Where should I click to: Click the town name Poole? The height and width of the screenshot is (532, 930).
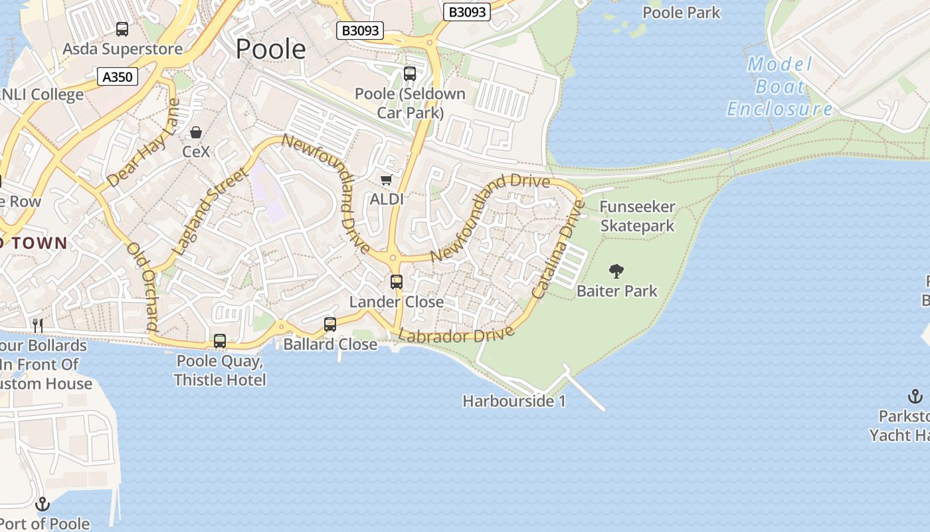270,49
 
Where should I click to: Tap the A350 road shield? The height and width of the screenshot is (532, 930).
118,77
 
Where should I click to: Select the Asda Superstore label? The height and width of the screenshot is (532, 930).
122,49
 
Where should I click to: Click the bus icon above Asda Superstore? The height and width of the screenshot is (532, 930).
122,29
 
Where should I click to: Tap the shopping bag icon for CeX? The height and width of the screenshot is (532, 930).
196,132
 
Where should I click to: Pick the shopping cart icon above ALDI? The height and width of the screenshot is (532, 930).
386,180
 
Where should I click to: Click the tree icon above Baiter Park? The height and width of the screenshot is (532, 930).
616,271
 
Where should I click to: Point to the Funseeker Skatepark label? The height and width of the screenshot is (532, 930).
637,217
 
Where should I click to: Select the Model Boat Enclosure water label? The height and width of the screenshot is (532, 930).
779,86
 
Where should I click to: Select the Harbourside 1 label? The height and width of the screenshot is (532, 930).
514,402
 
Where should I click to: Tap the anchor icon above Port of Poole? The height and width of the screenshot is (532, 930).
43,504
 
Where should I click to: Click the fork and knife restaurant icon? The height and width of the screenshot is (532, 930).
38,325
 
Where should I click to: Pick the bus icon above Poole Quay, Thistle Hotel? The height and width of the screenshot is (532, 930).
220,341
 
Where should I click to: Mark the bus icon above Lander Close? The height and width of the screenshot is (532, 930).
397,282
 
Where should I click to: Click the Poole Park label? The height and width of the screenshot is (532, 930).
682,13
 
